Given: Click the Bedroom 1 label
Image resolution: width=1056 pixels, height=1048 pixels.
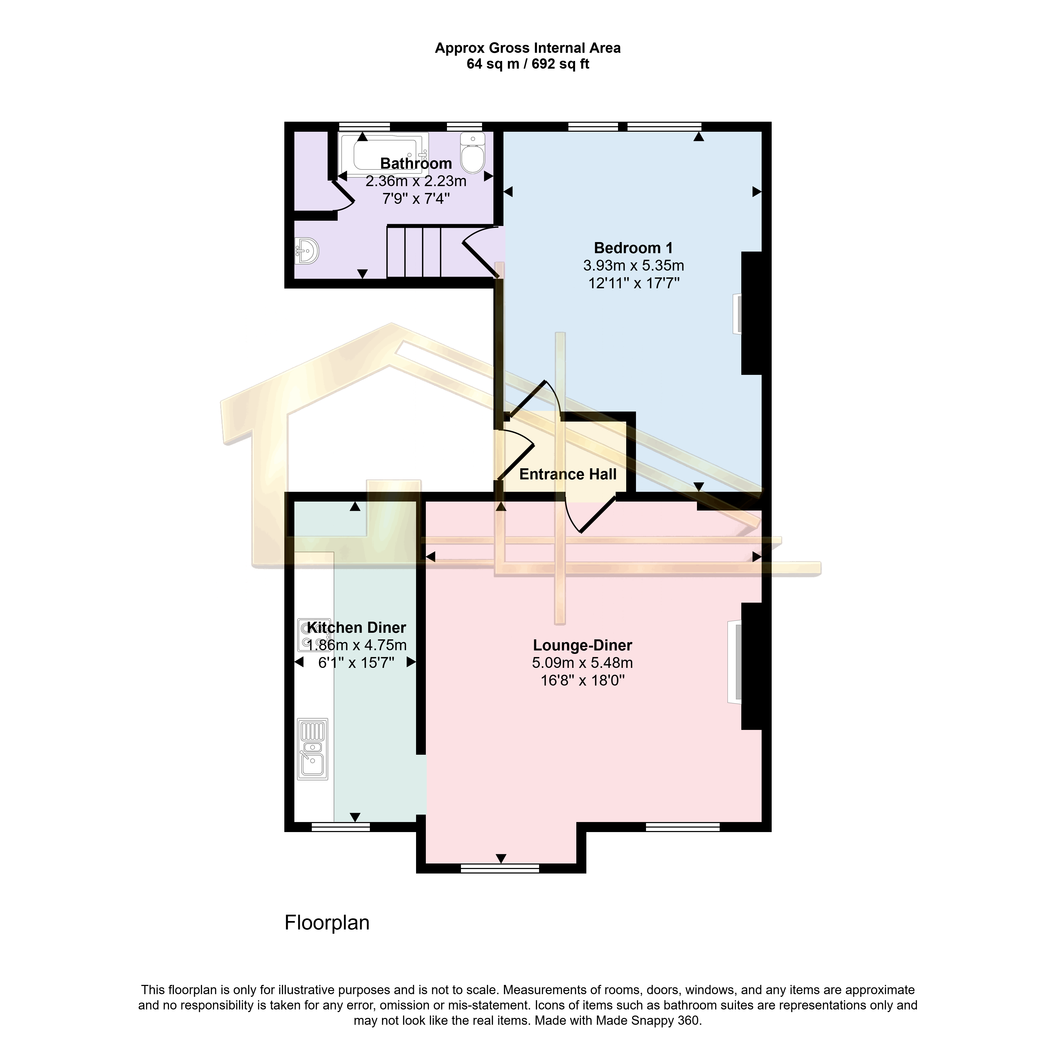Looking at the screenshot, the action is click(x=634, y=248).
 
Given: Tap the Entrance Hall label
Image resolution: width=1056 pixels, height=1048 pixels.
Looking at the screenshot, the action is click(x=568, y=474).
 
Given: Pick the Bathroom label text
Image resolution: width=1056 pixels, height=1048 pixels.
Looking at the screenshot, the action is click(x=416, y=163).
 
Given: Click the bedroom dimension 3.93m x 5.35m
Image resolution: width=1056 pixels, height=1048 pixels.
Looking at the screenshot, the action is click(x=634, y=266).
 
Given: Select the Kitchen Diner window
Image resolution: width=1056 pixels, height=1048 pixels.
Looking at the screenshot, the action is click(x=341, y=827).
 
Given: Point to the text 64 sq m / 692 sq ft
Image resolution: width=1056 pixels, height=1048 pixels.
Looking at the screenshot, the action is click(x=527, y=64).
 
